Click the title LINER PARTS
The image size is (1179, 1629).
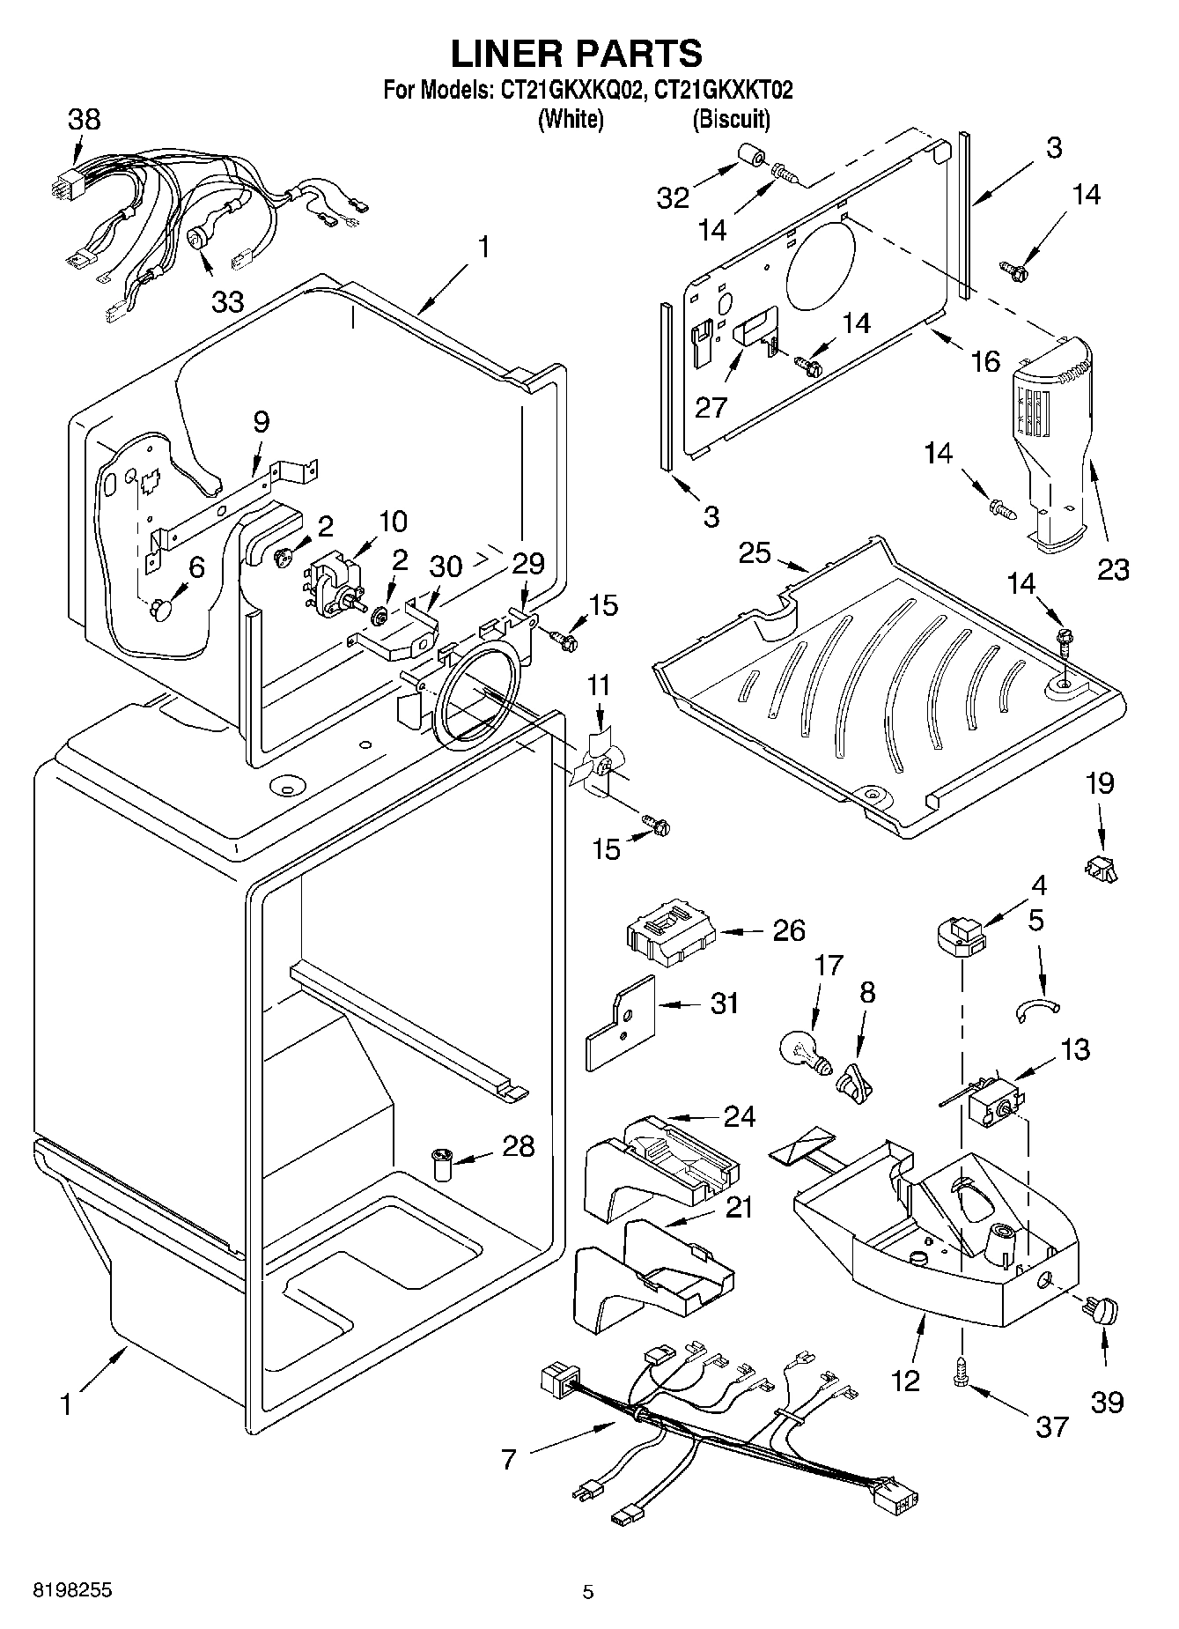(577, 54)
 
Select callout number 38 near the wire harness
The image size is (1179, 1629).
(84, 120)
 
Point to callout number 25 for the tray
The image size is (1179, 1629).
(755, 553)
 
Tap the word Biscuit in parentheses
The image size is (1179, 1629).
(731, 119)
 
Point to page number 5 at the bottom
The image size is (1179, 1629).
(588, 1592)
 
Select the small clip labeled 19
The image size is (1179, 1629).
(1101, 869)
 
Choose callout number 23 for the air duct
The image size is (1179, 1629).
(1112, 569)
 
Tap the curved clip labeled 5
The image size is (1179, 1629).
(1039, 1008)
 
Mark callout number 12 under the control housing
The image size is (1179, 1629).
(904, 1380)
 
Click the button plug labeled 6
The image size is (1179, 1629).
(161, 608)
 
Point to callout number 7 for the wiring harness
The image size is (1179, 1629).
(509, 1459)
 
